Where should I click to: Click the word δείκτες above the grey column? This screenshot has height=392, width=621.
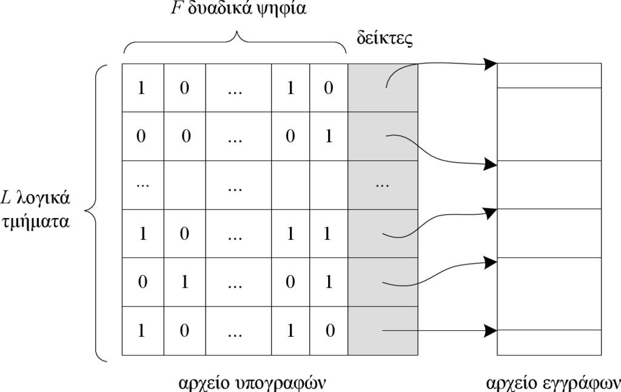384,38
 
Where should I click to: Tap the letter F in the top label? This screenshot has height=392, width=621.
176,8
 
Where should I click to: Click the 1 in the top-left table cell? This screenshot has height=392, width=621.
141,88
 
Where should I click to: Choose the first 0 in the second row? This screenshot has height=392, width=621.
141,136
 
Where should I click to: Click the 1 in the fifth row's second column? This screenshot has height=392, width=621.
184,282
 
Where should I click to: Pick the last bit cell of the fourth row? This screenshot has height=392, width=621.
329,234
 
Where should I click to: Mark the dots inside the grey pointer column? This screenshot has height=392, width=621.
382,185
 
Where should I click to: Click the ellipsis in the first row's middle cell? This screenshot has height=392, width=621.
235,91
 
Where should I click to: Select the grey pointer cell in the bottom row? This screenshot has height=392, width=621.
383,331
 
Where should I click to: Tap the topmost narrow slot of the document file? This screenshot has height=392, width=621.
549,76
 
